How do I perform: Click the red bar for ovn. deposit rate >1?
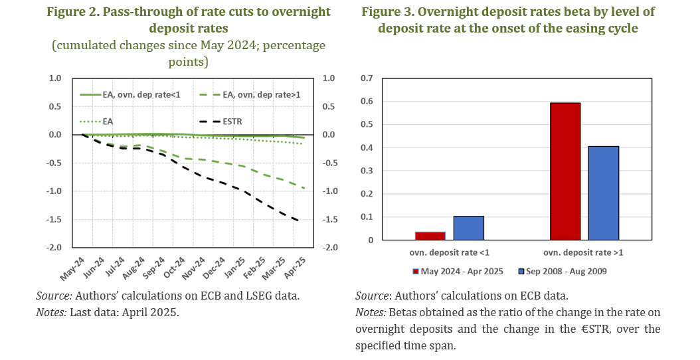[565, 171]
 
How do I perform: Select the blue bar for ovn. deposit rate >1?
[604, 193]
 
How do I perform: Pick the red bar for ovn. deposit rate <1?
[430, 236]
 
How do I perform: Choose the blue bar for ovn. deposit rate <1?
[468, 228]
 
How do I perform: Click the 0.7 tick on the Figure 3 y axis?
[366, 78]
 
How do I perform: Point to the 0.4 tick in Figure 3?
[366, 147]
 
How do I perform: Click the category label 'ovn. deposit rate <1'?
[448, 252]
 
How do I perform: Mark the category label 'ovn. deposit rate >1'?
[584, 252]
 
